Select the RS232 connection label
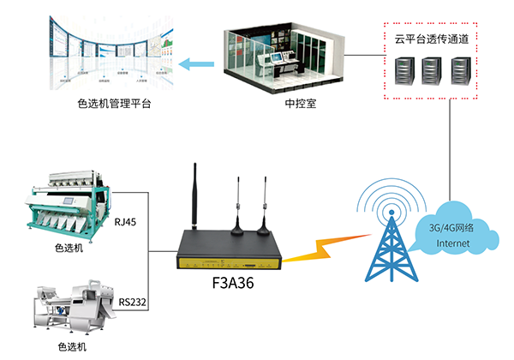129,301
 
